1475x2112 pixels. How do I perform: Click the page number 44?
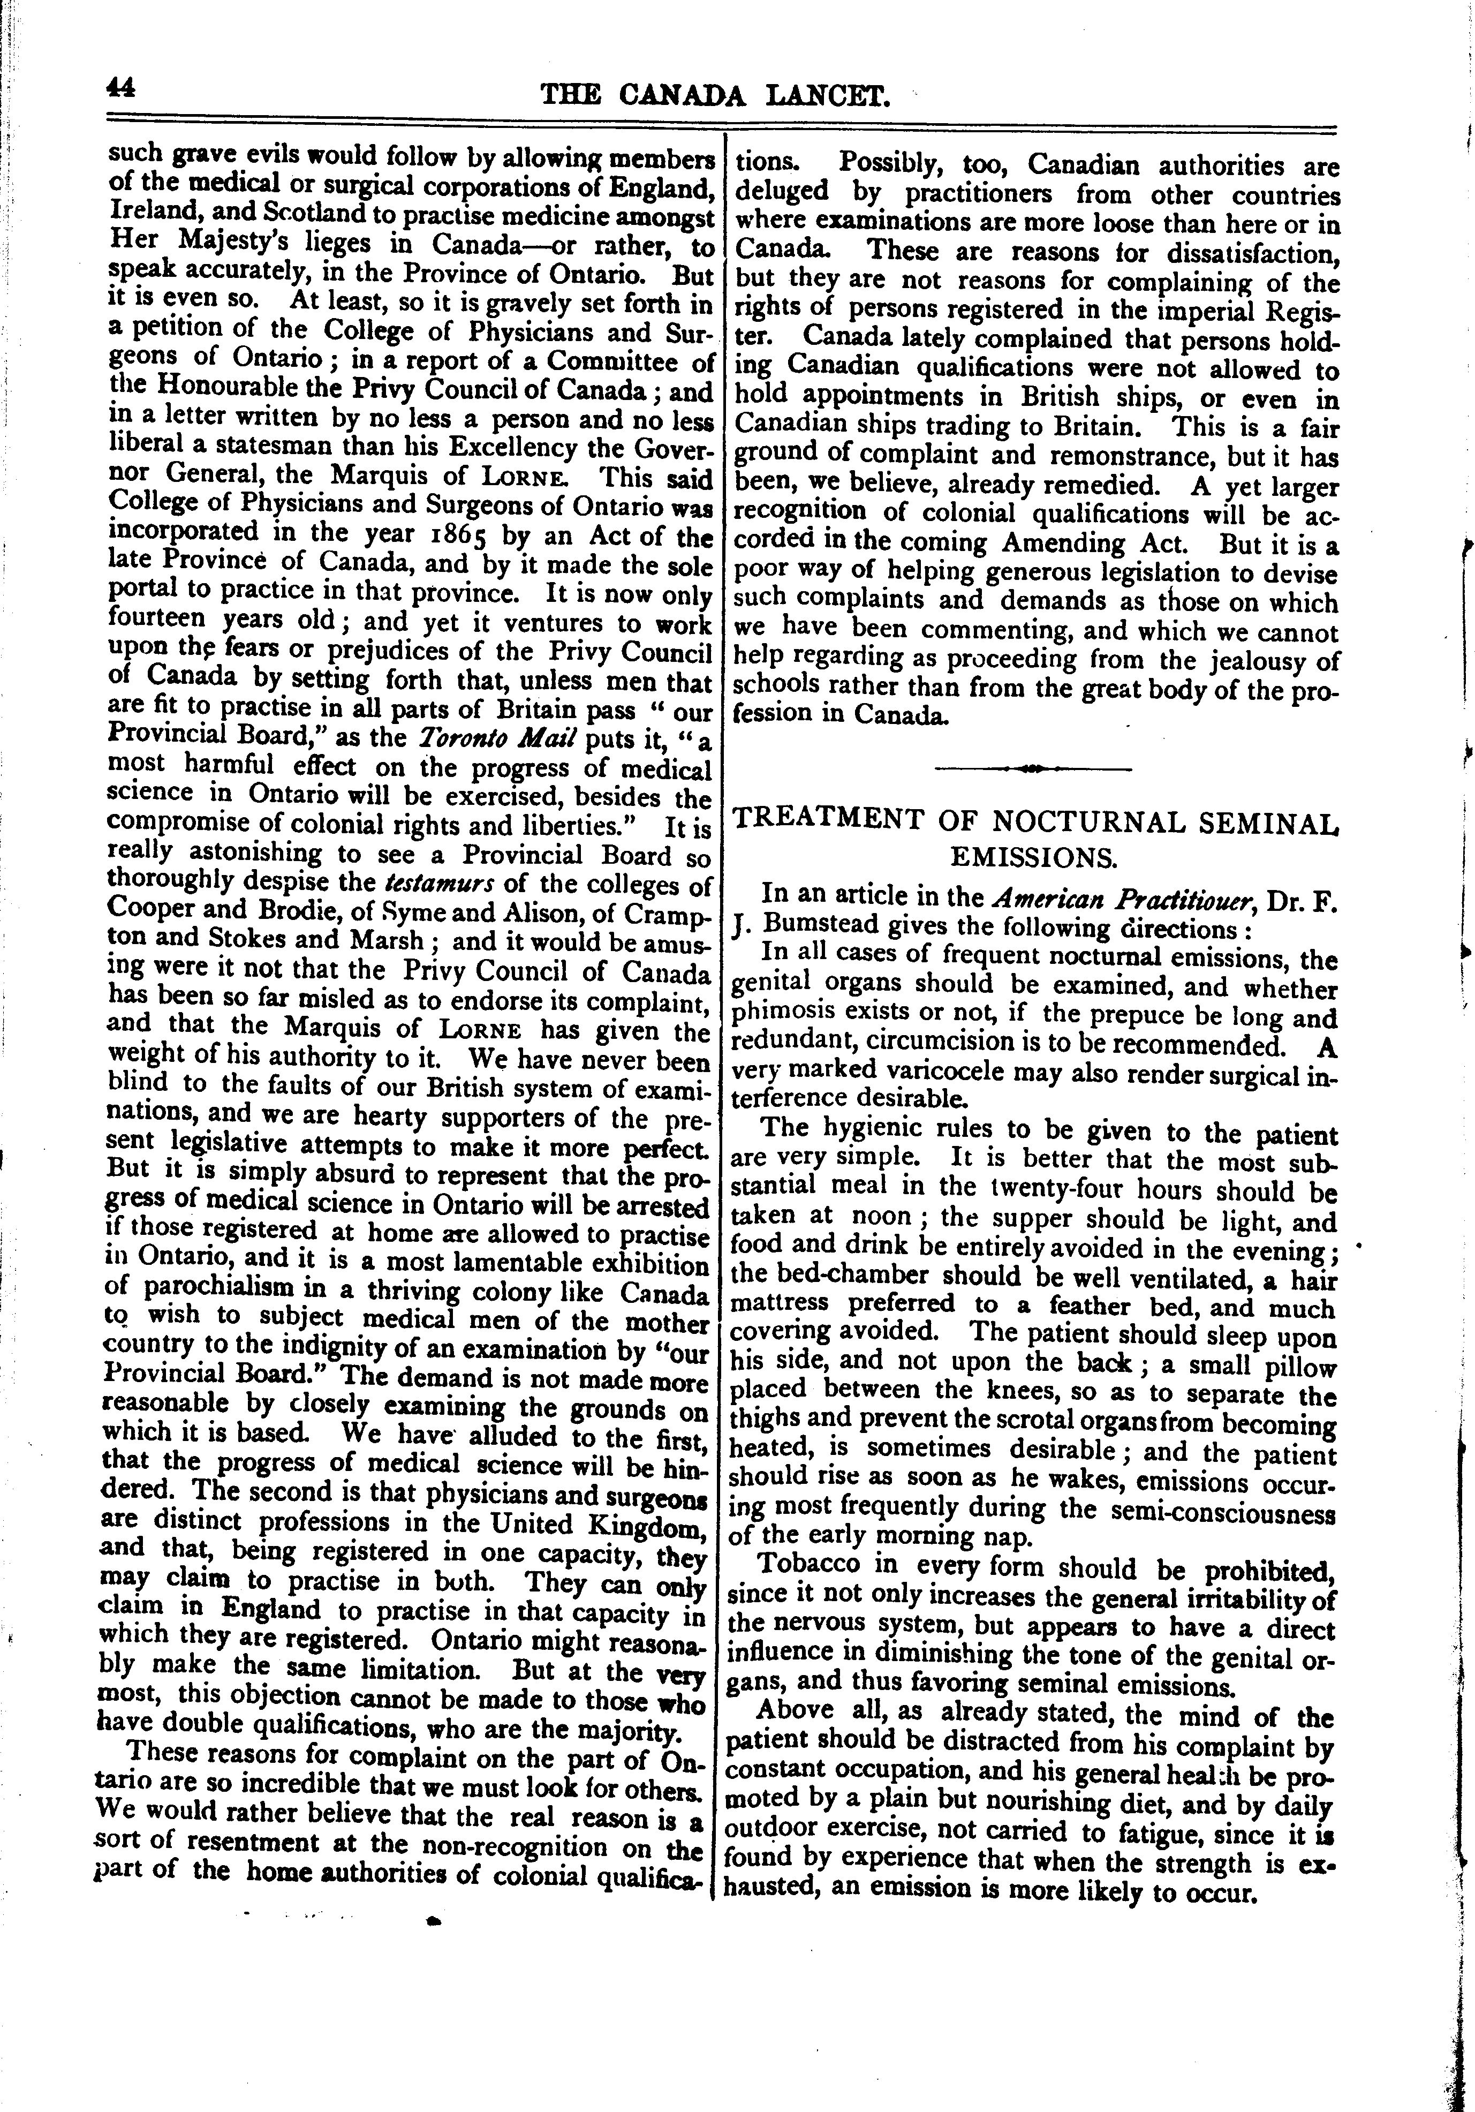[120, 87]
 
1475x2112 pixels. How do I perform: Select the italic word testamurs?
[441, 884]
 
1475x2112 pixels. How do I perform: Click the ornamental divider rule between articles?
[1033, 767]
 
